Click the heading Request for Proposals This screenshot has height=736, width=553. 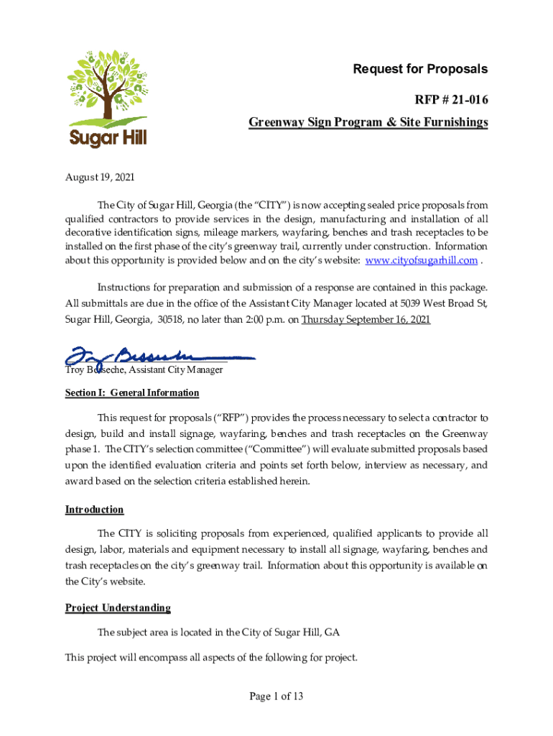420,69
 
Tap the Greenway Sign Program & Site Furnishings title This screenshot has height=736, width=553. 368,123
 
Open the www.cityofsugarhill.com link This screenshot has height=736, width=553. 422,260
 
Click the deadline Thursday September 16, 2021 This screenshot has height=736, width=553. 366,320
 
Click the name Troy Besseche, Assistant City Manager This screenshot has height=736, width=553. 144,370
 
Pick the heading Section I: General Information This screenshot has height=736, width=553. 132,393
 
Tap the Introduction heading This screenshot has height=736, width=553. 94,510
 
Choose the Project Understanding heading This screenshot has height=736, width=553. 118,608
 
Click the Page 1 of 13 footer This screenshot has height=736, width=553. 276,696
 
